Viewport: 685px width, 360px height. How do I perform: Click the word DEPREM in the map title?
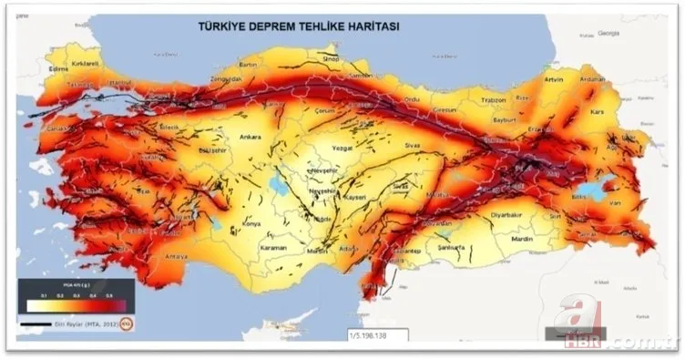273,26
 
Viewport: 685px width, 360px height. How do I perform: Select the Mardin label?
522,240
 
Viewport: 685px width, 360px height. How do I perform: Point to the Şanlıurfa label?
451,247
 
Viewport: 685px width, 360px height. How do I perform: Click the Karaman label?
272,247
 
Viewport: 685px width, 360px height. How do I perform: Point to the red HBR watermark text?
584,343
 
